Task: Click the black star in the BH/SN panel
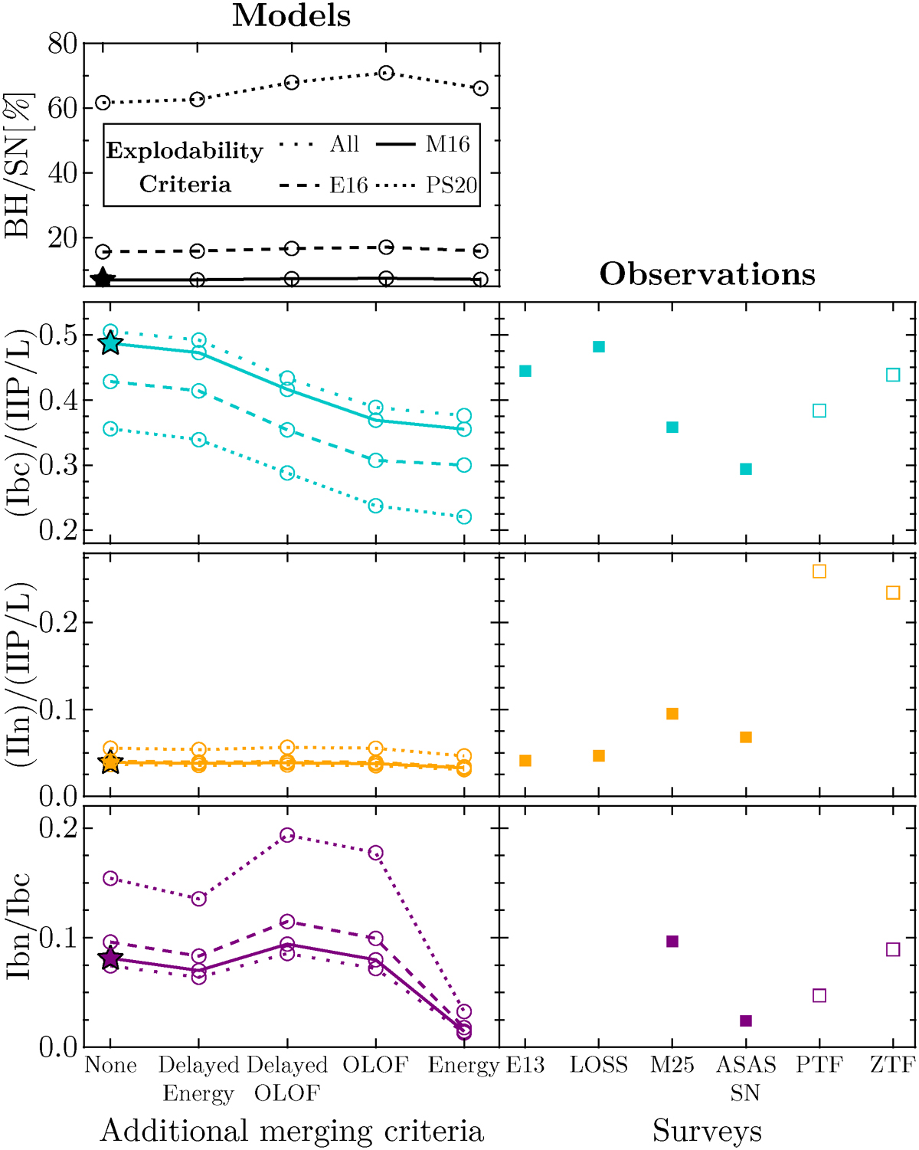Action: (103, 279)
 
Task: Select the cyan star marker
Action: (111, 343)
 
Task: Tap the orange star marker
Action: (111, 762)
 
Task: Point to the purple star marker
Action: (111, 958)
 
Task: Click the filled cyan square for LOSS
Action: (599, 347)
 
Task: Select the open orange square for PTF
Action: (819, 572)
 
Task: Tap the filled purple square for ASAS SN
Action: (746, 1021)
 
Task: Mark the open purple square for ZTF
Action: (893, 949)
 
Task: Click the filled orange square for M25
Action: (672, 714)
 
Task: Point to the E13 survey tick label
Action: (525, 1065)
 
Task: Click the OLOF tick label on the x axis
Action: (375, 1065)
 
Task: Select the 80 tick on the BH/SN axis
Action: (62, 44)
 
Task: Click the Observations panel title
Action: (707, 274)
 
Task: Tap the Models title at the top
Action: (291, 15)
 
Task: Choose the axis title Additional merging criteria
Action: (292, 1131)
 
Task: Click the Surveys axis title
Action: (707, 1131)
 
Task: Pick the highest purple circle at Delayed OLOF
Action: (287, 835)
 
